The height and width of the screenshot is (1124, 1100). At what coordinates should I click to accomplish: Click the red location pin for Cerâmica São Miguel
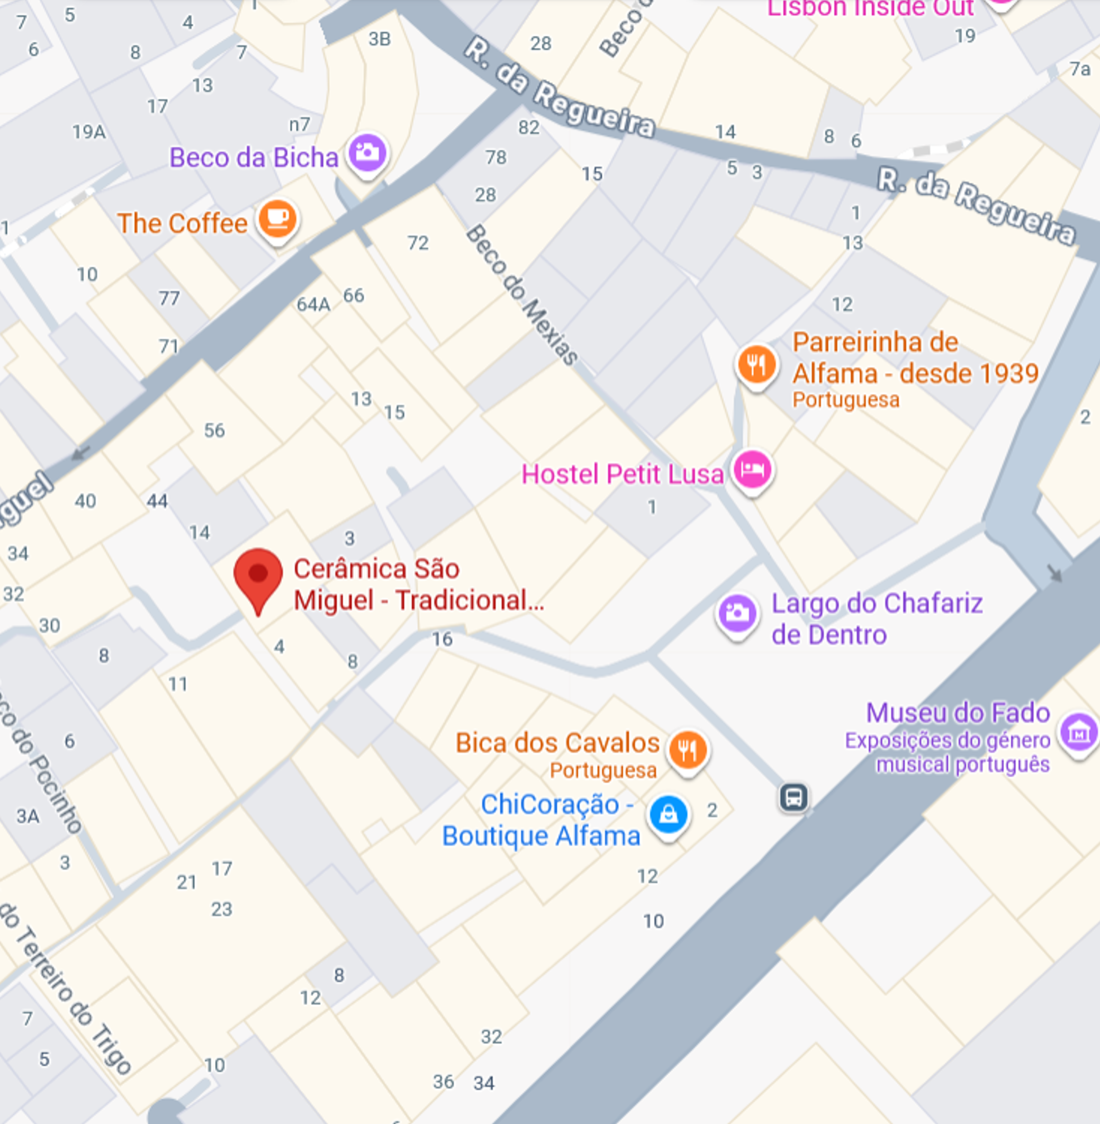point(258,576)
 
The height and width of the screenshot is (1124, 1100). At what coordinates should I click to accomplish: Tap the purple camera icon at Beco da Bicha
point(367,154)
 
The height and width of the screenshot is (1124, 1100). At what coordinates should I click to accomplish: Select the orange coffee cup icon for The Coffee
point(277,219)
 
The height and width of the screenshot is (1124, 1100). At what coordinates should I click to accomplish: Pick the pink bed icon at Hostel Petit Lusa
point(752,470)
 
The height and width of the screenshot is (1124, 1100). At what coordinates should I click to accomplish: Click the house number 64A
point(313,304)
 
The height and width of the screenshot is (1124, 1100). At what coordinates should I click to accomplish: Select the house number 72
point(418,242)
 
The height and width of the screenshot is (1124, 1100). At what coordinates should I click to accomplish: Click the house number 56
point(214,430)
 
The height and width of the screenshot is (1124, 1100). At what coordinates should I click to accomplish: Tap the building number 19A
point(89,132)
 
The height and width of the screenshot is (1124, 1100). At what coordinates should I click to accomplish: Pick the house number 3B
point(380,39)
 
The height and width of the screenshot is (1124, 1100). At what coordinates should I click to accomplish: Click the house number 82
point(529,127)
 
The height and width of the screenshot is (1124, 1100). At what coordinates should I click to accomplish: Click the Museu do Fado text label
point(957,713)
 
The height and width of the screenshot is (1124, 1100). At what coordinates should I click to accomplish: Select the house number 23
point(221,909)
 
